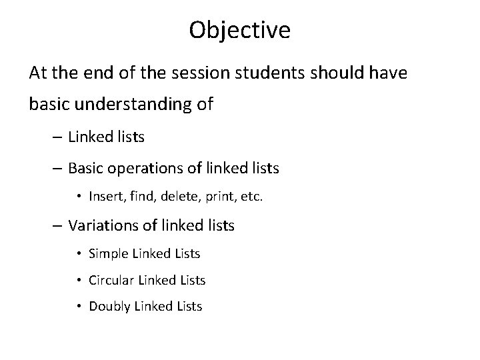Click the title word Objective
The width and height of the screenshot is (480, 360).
click(239, 30)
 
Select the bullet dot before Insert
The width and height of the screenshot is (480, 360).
click(79, 197)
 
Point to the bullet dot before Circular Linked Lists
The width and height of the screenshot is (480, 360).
click(79, 281)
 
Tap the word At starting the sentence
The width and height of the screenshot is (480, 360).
click(38, 73)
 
